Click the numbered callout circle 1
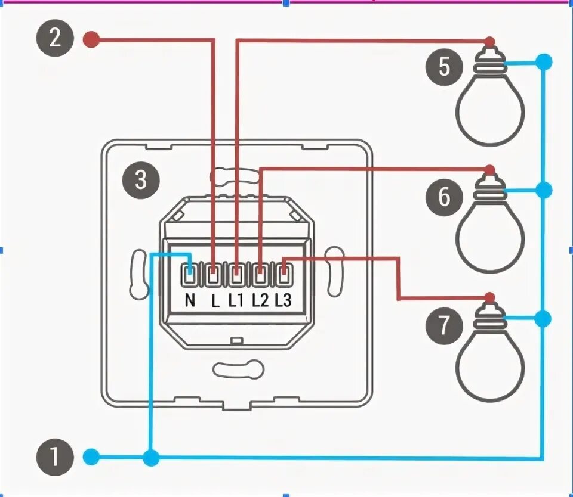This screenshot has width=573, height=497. point(54,458)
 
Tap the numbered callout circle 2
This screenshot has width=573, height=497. point(54,39)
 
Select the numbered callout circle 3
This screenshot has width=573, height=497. point(140,179)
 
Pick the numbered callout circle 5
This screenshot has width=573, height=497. point(444,67)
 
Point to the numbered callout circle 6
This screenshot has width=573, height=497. point(444,197)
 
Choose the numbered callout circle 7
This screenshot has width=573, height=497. point(444,326)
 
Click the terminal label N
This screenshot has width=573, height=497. point(190,300)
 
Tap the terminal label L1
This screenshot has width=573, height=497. point(237,300)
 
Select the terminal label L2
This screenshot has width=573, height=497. point(260,300)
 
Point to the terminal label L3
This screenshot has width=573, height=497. point(283,300)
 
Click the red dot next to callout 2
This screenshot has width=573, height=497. point(90,40)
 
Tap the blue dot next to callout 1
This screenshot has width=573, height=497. point(90,458)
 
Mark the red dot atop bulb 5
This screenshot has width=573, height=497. point(490,41)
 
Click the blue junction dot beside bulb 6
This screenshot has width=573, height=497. point(543,190)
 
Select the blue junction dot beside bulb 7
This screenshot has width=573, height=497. point(543,319)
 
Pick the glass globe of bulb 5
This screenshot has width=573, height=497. point(490,113)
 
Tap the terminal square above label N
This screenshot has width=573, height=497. point(190,275)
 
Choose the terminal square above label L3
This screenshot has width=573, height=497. point(284,275)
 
